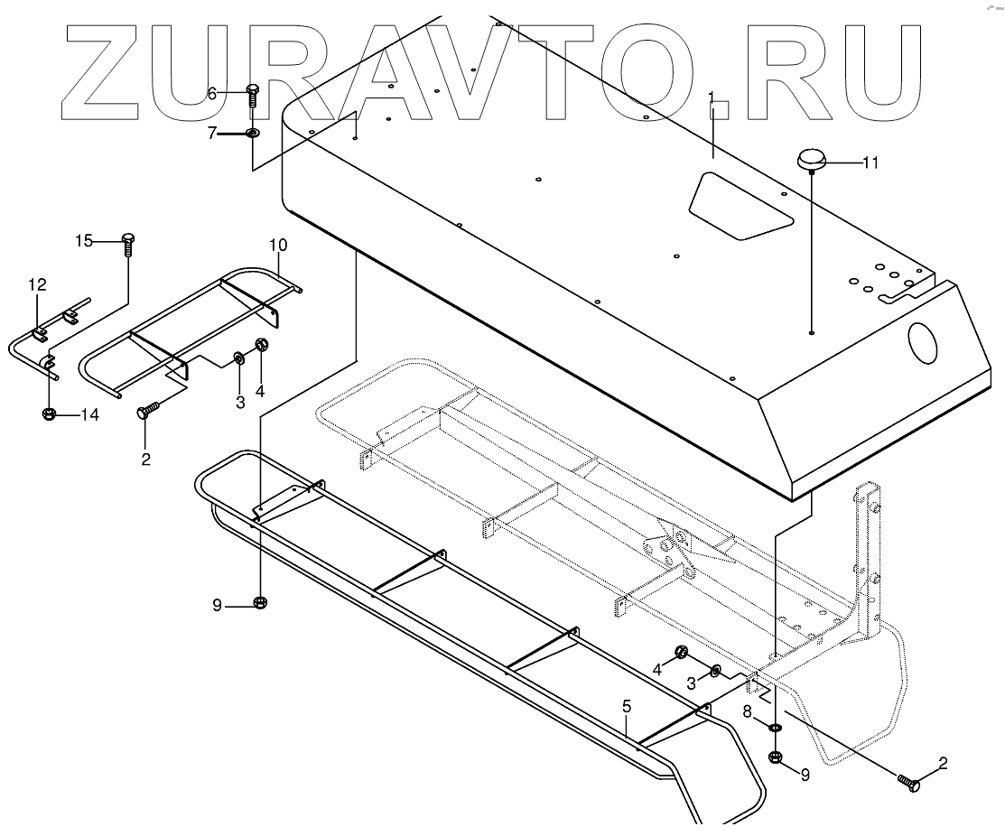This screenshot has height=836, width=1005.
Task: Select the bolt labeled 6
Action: [253, 95]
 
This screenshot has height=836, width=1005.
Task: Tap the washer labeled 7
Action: [252, 134]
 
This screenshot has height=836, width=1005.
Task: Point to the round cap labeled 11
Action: [810, 162]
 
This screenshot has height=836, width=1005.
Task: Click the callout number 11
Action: [870, 163]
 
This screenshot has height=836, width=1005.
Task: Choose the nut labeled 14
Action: [50, 414]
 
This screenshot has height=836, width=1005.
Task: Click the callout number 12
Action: [37, 284]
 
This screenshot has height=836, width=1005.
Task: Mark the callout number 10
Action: [278, 245]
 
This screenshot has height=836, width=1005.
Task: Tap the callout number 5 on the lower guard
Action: [627, 706]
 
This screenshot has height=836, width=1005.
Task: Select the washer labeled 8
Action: [775, 728]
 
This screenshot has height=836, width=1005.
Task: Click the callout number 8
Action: [748, 712]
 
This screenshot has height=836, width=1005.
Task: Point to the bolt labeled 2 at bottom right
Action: [909, 783]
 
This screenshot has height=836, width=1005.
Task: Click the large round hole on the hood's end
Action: [924, 342]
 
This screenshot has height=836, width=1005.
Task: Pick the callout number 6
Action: [212, 93]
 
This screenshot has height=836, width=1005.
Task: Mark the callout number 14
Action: [90, 415]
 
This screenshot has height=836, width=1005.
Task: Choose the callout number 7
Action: [212, 133]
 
